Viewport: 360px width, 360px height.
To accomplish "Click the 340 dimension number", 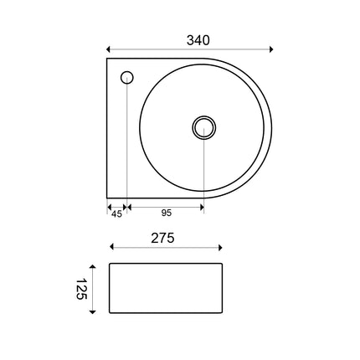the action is pyautogui.click(x=198, y=40).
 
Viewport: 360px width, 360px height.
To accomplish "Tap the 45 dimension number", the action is pyautogui.click(x=116, y=214).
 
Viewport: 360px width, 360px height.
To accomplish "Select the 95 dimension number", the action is pyautogui.click(x=167, y=213).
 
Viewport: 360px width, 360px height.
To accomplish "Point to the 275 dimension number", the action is pyautogui.click(x=162, y=238).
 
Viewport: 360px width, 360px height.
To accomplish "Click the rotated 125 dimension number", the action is pyautogui.click(x=81, y=289).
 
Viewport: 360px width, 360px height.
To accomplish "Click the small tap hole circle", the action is pyautogui.click(x=127, y=78).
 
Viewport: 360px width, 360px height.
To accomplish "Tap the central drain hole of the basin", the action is pyautogui.click(x=204, y=127).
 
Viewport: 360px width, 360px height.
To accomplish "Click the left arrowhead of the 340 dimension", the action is pyautogui.click(x=109, y=49).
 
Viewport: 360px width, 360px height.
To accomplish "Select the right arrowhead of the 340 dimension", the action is pyautogui.click(x=271, y=49).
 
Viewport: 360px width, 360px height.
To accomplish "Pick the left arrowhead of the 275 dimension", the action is pyautogui.click(x=111, y=247).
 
